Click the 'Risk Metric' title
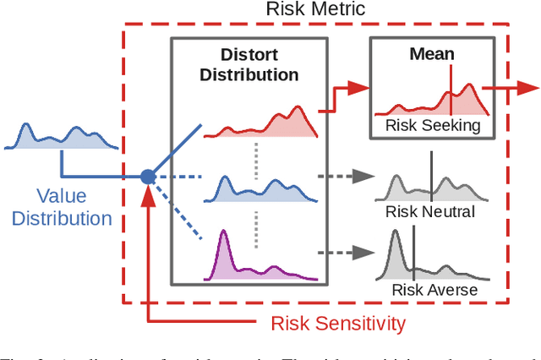pyautogui.click(x=316, y=11)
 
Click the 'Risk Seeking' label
pyautogui.click(x=432, y=126)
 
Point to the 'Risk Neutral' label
pyautogui.click(x=429, y=211)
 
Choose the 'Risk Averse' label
pyautogui.click(x=434, y=290)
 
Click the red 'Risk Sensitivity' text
pyautogui.click(x=338, y=322)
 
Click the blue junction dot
pyautogui.click(x=148, y=177)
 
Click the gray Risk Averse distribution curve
pyautogui.click(x=431, y=266)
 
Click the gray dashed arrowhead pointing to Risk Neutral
pyautogui.click(x=366, y=177)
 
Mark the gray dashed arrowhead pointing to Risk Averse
pyautogui.click(x=366, y=253)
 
